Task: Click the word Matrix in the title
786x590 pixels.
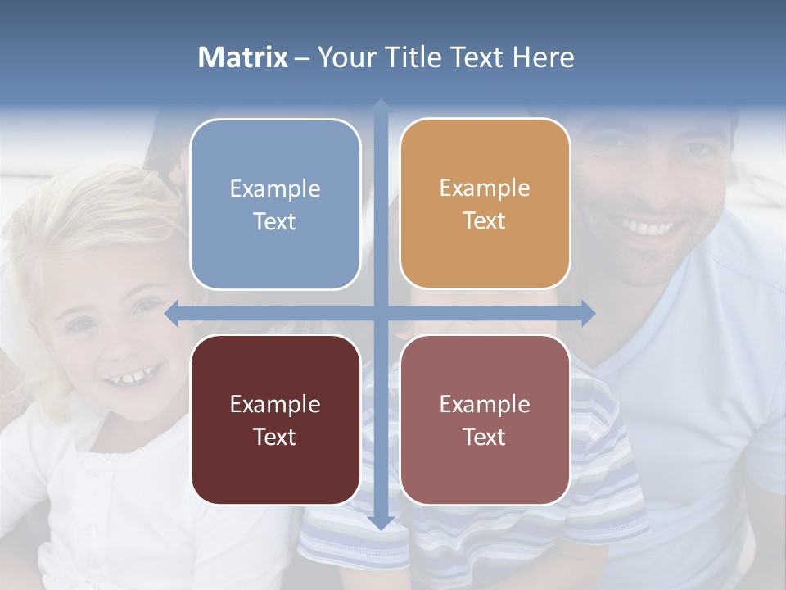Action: [x=243, y=57]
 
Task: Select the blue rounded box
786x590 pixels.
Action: [x=275, y=204]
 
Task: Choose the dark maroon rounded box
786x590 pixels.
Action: [x=275, y=420]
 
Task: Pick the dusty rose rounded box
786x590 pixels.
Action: [x=485, y=420]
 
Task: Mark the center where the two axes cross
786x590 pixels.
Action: [x=381, y=314]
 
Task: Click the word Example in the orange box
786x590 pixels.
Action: [x=485, y=188]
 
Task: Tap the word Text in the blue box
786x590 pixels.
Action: [x=275, y=222]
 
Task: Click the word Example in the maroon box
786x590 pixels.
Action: [x=275, y=404]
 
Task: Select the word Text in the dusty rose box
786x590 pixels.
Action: [x=485, y=438]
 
